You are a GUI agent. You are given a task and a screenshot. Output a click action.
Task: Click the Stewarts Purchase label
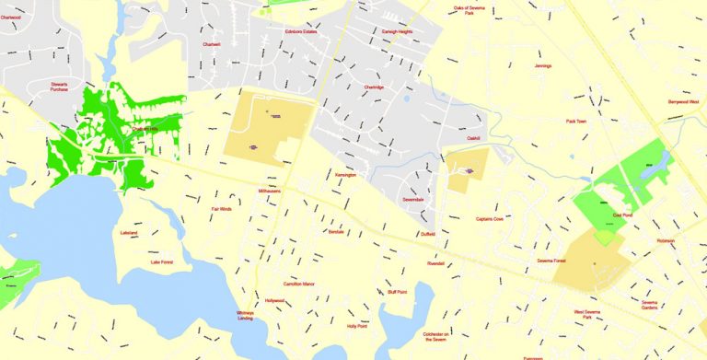[x=65, y=87]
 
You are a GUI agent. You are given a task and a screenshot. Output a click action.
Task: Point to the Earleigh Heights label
[x=398, y=31]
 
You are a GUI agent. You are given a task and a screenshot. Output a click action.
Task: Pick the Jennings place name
[x=543, y=66]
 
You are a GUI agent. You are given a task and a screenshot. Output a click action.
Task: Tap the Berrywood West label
[x=682, y=101]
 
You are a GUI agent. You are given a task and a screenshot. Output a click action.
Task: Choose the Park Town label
[x=577, y=121]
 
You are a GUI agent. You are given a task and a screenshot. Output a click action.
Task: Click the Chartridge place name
[x=374, y=87]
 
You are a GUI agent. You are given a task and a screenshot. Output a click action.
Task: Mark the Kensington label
[x=346, y=174]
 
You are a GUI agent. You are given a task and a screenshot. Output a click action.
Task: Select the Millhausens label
[x=273, y=192]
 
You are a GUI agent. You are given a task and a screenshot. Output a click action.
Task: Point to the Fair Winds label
[x=222, y=209]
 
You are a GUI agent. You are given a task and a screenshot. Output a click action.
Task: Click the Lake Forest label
[x=162, y=262]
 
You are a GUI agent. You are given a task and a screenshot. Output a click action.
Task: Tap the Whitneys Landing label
[x=245, y=316]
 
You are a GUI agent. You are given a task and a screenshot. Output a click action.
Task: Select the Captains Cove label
[x=490, y=219]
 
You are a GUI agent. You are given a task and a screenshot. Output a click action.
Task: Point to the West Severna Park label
[x=589, y=315]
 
